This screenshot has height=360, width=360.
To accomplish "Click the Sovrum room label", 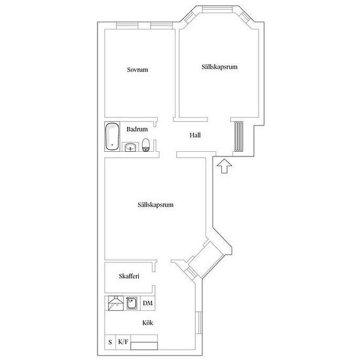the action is pyautogui.click(x=137, y=69).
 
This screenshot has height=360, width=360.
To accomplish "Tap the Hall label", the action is pyautogui.click(x=195, y=135).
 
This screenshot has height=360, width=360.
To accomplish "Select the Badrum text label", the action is pyautogui.click(x=137, y=129).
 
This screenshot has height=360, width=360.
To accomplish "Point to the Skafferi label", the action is pyautogui.click(x=129, y=276).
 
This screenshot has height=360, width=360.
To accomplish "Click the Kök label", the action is pyautogui.click(x=148, y=323).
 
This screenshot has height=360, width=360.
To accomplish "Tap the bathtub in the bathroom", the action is pyautogui.click(x=113, y=137).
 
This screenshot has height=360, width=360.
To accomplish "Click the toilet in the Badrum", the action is pyautogui.click(x=145, y=145).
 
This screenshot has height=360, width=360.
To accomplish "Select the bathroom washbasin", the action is pyautogui.click(x=131, y=147).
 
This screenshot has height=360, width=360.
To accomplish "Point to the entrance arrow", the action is pyautogui.click(x=225, y=166).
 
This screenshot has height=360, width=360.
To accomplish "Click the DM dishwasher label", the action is pyautogui.click(x=148, y=303).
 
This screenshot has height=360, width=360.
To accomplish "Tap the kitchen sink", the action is pyautogui.click(x=132, y=303).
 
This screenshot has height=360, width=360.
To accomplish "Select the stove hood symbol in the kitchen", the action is pyautogui.click(x=116, y=303).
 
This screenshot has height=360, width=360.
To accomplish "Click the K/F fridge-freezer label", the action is pyautogui.click(x=123, y=342).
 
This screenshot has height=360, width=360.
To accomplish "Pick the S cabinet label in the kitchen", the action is pyautogui.click(x=110, y=342).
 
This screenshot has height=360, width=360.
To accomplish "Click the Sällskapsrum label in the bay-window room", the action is pyautogui.click(x=219, y=67).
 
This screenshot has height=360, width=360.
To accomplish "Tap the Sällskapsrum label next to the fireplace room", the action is pyautogui.click(x=155, y=205).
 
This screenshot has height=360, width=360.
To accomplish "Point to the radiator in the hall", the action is pyautogui.click(x=239, y=136).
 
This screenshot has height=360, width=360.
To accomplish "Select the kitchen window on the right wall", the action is pyautogui.click(x=199, y=323).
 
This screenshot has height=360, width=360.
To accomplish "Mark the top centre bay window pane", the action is pyautogui.click(x=217, y=9).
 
